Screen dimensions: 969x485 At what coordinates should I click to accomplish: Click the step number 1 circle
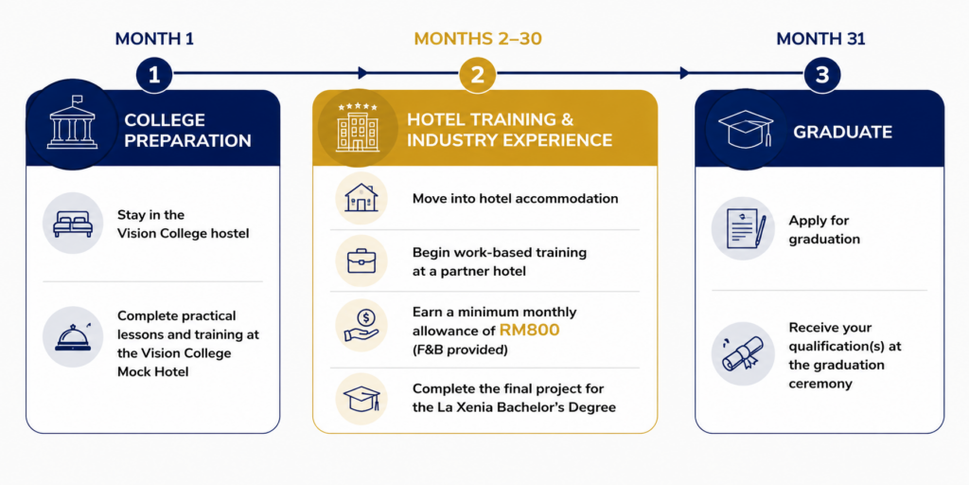[154, 75]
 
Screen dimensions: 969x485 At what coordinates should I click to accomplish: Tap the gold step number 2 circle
[477, 75]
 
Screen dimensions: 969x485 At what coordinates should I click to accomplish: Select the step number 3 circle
[821, 75]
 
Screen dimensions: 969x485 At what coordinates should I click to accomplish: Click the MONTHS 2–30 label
[478, 39]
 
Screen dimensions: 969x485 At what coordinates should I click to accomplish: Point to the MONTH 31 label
[820, 39]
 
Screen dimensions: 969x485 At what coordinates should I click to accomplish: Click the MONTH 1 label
[154, 39]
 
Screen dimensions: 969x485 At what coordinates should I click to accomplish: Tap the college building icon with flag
[72, 122]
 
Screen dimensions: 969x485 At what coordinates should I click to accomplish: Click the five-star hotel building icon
[357, 128]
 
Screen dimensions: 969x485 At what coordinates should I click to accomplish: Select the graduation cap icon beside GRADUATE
[746, 129]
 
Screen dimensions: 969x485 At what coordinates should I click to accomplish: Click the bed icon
[73, 224]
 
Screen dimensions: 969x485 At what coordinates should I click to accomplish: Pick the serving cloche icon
[73, 336]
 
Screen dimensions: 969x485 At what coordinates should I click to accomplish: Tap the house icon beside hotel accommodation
[361, 198]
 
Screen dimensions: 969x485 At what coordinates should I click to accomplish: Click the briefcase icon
[361, 261]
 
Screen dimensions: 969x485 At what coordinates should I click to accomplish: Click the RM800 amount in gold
[529, 331]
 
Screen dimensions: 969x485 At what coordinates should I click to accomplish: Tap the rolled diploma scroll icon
[744, 354]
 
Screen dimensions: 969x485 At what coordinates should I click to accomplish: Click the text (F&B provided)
[460, 350]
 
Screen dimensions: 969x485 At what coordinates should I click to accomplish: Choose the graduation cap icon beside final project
[361, 399]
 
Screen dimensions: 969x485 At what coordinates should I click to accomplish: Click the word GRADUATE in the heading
[842, 132]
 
